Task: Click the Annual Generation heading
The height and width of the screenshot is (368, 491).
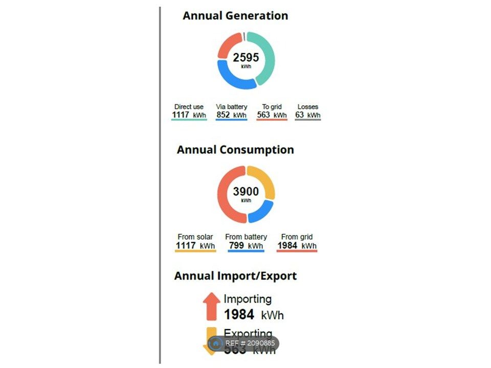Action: tap(235, 16)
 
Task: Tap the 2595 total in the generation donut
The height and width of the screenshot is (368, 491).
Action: tap(246, 58)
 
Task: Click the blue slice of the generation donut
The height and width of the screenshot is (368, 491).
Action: tap(233, 79)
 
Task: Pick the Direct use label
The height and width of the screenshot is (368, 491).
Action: tap(189, 107)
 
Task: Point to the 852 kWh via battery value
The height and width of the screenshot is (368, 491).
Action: tap(231, 115)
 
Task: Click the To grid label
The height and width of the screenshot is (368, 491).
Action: tap(272, 107)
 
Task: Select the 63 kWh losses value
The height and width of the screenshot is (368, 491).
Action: tap(307, 115)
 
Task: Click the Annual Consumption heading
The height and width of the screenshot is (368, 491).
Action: tap(235, 150)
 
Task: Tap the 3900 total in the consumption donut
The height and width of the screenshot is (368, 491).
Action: tap(246, 192)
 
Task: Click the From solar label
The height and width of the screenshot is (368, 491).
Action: tap(195, 237)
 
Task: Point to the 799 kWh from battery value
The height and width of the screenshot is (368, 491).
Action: tap(246, 246)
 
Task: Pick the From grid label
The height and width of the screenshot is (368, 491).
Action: tap(297, 237)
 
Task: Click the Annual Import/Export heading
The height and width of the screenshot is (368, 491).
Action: tap(235, 276)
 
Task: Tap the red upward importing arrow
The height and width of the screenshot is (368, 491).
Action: tap(211, 306)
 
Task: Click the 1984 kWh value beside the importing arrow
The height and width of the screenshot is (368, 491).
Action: tap(254, 314)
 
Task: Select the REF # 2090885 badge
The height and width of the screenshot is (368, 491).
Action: tap(243, 343)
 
